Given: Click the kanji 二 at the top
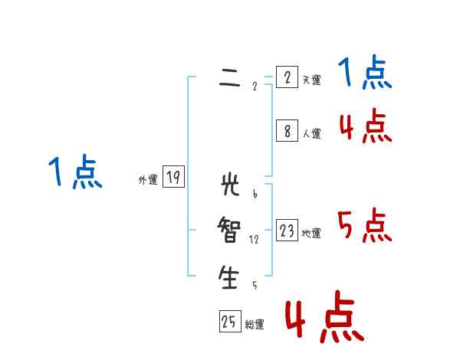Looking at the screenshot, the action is click(229, 77).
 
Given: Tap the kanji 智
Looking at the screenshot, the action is click(229, 230).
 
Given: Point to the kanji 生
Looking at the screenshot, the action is click(229, 277).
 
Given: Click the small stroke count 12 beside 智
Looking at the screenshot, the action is click(254, 240).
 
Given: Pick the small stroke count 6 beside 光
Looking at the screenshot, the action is click(255, 193).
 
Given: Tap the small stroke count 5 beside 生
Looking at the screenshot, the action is click(255, 286).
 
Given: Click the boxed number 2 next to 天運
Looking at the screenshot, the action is click(287, 77).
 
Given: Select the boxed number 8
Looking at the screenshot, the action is click(287, 131).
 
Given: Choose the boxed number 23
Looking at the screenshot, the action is click(287, 231).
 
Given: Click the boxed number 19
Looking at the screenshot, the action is click(173, 178).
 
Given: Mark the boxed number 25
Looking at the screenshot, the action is click(229, 322).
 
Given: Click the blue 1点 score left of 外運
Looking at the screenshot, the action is click(74, 172).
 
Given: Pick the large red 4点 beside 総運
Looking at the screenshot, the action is click(324, 316).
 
